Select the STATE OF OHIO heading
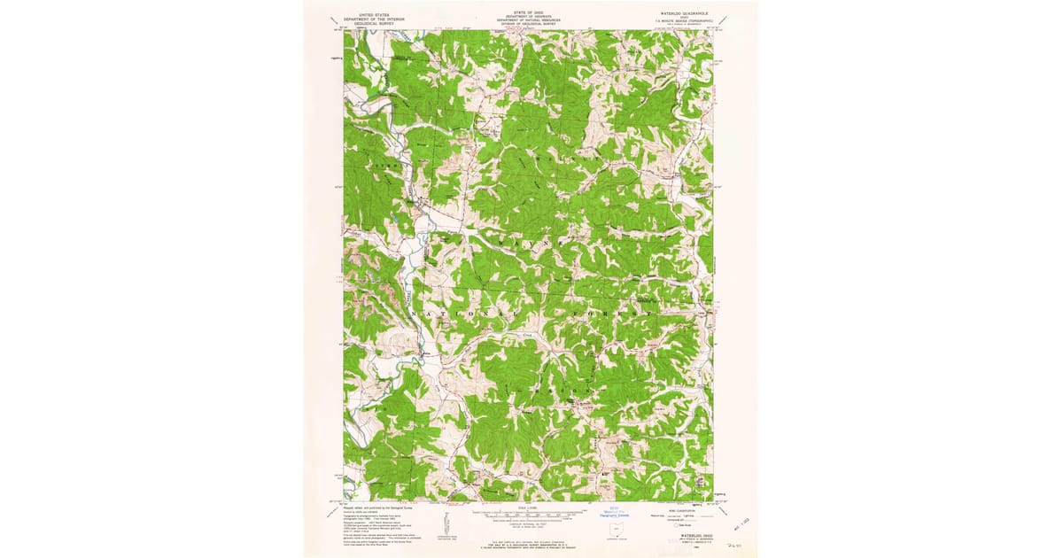tap(530, 12)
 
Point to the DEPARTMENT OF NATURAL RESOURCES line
tap(530, 19)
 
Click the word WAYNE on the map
tap(531, 240)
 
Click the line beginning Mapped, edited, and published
tap(373, 507)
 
